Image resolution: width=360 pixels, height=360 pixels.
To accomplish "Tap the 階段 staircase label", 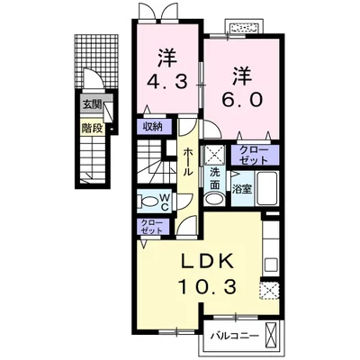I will coord(92,127).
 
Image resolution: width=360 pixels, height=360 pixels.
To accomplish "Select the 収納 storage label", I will coord(152,127).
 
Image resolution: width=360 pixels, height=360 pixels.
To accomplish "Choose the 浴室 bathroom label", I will coord(241,189).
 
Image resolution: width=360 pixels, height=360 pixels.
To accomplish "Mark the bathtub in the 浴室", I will coord(267,189).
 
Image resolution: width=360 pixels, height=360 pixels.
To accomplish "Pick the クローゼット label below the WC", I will coord(151,228).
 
